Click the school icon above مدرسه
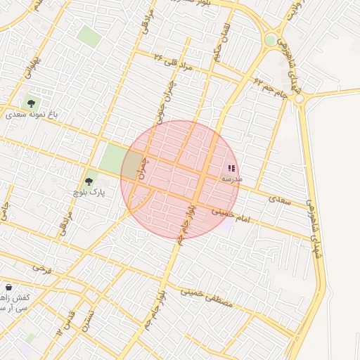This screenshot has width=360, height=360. [232, 169]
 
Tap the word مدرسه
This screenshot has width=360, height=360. [232, 179]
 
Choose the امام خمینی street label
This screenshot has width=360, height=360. [234, 211]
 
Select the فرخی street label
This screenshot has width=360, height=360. [42, 270]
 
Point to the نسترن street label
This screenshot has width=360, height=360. [86, 321]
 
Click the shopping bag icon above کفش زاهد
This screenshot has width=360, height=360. [8, 288]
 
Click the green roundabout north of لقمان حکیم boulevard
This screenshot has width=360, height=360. [271, 41]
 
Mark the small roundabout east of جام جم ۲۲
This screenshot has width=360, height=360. [300, 99]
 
